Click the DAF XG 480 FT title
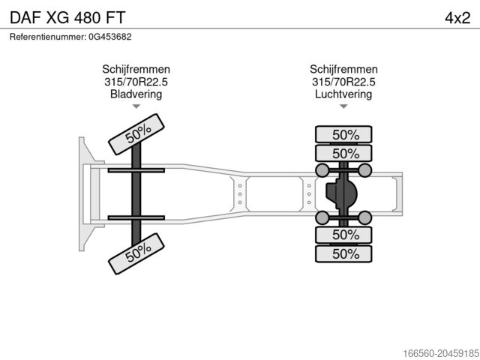(67, 17)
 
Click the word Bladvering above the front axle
(136, 94)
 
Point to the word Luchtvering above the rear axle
(343, 94)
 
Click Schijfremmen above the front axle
(136, 70)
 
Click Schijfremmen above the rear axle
(343, 70)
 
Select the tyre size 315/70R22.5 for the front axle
(136, 82)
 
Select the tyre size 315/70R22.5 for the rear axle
(343, 82)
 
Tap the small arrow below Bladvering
(136, 106)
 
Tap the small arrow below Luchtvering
(343, 106)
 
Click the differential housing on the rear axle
(341, 193)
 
